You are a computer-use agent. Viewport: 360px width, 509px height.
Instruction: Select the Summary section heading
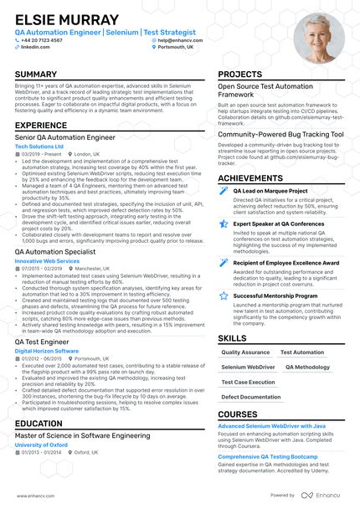click(36, 75)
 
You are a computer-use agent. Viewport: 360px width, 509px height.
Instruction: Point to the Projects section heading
click(240, 75)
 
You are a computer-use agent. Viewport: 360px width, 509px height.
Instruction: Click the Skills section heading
click(232, 337)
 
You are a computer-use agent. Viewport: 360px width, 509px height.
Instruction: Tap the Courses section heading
click(237, 414)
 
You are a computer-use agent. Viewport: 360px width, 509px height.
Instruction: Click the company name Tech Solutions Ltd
click(39, 147)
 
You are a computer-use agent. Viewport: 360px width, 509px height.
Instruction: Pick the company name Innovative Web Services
click(47, 261)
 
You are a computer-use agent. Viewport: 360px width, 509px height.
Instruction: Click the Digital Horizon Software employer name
click(48, 350)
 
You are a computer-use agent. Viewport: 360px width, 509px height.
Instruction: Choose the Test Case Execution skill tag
click(249, 382)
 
